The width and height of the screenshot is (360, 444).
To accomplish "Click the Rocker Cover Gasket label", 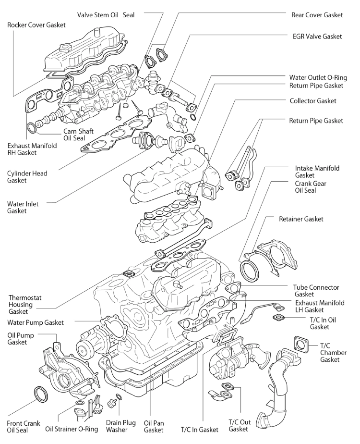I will pos(36,25).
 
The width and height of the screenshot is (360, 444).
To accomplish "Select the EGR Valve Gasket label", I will pos(317,36).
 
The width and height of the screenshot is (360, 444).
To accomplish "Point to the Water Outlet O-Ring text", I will pos(316,77).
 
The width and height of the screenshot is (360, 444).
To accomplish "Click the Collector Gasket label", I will pos(313,101).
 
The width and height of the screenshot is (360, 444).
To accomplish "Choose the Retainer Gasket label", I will pos(301,219).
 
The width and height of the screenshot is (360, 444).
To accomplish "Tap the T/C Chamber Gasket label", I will pos(333,352).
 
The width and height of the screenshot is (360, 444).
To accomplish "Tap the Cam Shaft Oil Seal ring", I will pos(32,128).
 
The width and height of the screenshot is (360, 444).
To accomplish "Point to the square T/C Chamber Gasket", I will pos(301,345).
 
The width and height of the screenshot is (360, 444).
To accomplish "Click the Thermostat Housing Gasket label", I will pos(21,305).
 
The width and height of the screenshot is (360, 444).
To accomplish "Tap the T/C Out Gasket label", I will pos(238,425).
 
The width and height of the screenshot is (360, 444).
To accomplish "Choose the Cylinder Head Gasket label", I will pos(27,177).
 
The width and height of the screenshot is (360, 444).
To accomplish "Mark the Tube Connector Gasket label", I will pos(316,290).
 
